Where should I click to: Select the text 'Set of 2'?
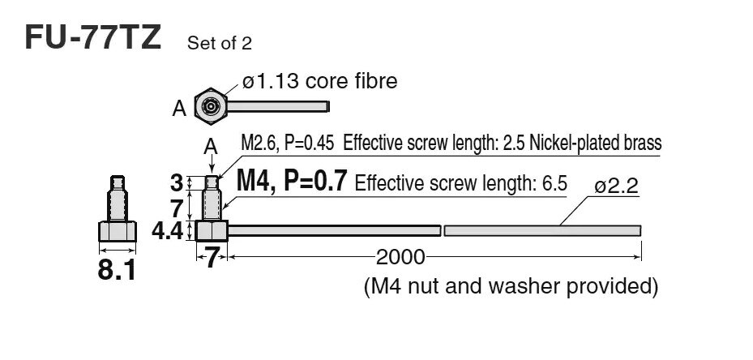pyautogui.click(x=219, y=43)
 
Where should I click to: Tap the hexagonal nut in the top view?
pyautogui.click(x=211, y=106)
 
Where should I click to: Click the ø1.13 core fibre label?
pyautogui.click(x=319, y=81)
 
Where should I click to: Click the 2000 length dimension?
pyautogui.click(x=400, y=257)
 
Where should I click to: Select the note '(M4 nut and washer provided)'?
pyautogui.click(x=509, y=285)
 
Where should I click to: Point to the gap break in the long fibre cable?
pyautogui.click(x=443, y=230)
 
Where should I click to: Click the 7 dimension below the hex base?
pyautogui.click(x=212, y=259)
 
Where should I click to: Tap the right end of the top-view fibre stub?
pyautogui.click(x=327, y=106)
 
